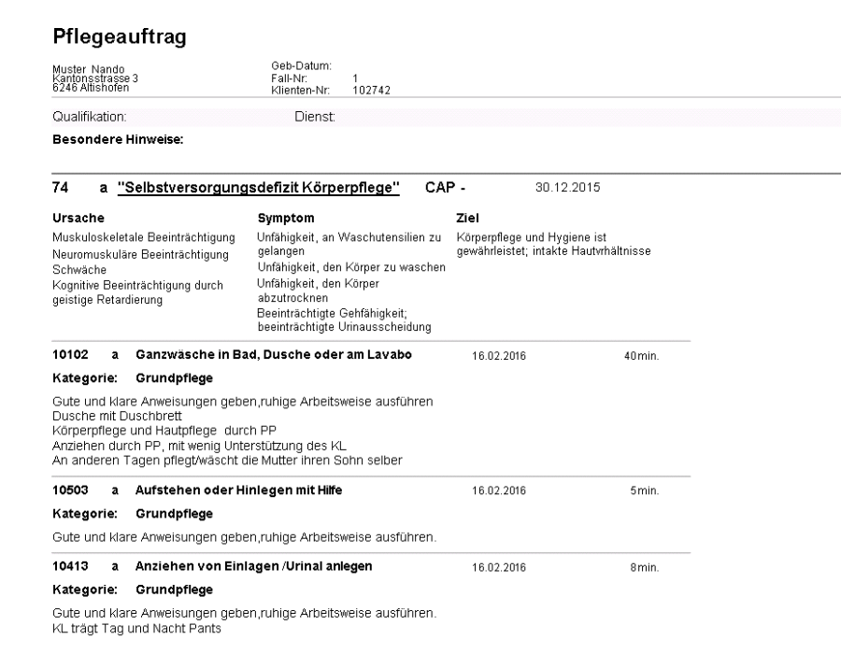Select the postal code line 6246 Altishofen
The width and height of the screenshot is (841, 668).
[x=91, y=89]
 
